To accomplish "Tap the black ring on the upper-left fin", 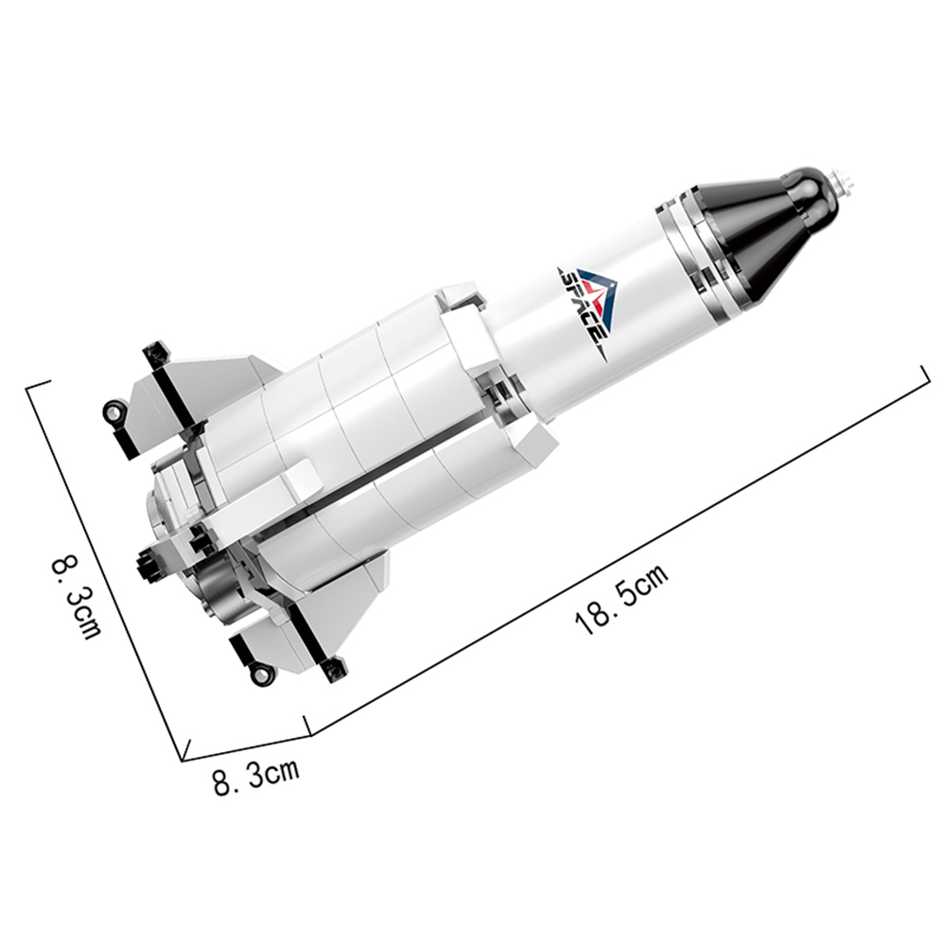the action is pos(114,412).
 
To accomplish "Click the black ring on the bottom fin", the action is pos(261,674).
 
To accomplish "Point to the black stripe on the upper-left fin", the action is pos(175,398).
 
